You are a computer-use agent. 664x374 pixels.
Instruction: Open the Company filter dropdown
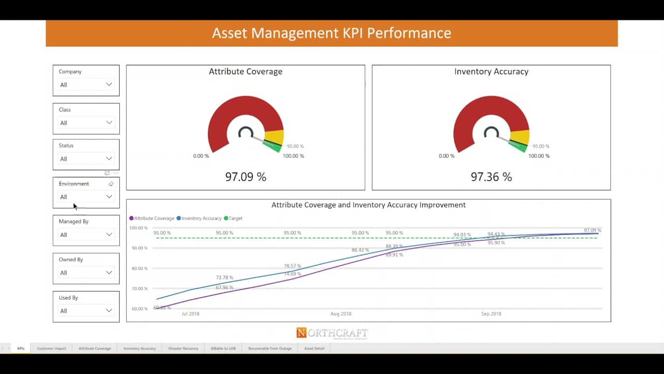click(86, 85)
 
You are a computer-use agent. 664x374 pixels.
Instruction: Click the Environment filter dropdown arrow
click(109, 197)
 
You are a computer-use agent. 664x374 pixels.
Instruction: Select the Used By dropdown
click(86, 311)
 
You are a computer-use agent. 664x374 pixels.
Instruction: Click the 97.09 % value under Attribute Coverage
click(245, 177)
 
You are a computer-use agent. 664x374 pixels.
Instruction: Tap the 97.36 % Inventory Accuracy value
click(491, 177)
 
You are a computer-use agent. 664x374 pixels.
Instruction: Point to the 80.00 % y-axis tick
click(139, 269)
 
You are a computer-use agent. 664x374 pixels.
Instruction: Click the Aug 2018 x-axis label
click(341, 314)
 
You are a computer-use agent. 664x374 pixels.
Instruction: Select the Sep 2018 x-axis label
click(491, 314)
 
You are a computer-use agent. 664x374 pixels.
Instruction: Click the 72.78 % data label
click(225, 278)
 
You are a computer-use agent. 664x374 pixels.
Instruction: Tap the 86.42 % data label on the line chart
click(360, 250)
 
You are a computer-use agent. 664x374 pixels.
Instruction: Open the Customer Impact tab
click(51, 349)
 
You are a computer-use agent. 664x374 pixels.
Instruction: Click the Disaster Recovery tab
click(183, 349)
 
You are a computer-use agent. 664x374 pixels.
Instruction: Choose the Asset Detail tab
click(314, 349)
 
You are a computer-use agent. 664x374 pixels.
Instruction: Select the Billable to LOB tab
click(223, 349)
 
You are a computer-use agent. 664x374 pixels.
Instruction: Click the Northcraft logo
click(332, 333)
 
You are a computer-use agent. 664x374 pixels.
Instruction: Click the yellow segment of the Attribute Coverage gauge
click(274, 137)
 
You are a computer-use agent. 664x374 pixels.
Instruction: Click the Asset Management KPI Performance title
click(331, 33)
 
